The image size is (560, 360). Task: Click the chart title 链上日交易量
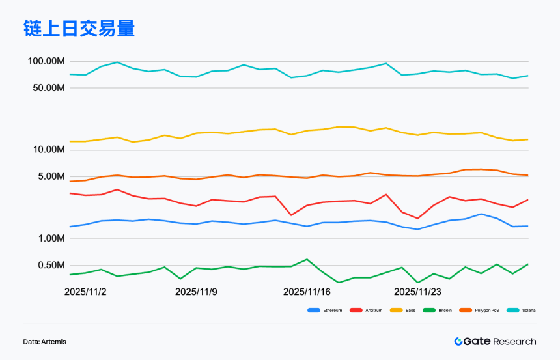pos(79,29)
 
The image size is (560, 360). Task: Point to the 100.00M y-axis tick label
pos(46,61)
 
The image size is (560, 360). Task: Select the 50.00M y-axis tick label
pos(48,88)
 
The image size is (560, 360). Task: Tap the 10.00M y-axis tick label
pos(48,150)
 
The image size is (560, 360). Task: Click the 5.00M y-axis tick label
pos(49,176)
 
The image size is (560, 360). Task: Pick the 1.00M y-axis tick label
pos(49,238)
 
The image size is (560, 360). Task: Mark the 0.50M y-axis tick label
pos(49,265)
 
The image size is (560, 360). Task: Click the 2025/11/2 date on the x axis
pos(85,292)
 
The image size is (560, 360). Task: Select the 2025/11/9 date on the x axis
pos(196,292)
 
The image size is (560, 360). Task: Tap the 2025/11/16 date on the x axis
pos(307,292)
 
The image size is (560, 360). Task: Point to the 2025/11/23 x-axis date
pos(418,292)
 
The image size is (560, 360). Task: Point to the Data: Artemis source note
pos(44,342)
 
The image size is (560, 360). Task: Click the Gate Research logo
pos(495,341)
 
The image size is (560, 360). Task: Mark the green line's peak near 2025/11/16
pos(307,259)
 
